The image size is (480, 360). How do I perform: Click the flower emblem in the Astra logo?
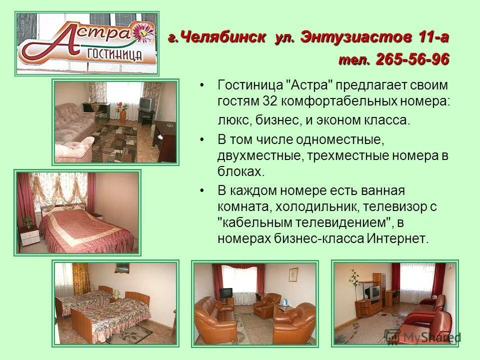tap(145, 32)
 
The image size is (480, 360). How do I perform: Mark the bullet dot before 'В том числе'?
tap(202, 140)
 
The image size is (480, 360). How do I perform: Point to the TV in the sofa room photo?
tap(146, 103)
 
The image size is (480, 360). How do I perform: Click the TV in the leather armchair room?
tap(226, 293)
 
